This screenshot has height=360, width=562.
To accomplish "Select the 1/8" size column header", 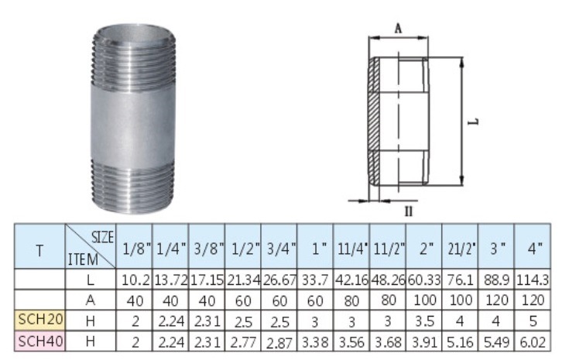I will tap(133, 249).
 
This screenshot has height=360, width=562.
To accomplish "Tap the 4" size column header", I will tap(533, 249).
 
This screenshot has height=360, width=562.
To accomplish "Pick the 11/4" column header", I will tap(351, 249).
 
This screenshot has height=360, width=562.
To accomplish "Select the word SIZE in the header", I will tap(102, 235).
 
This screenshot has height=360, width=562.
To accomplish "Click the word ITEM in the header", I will tap(83, 260).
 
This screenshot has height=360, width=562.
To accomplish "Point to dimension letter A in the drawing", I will tap(397, 28).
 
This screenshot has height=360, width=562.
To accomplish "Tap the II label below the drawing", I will tap(407, 210).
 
